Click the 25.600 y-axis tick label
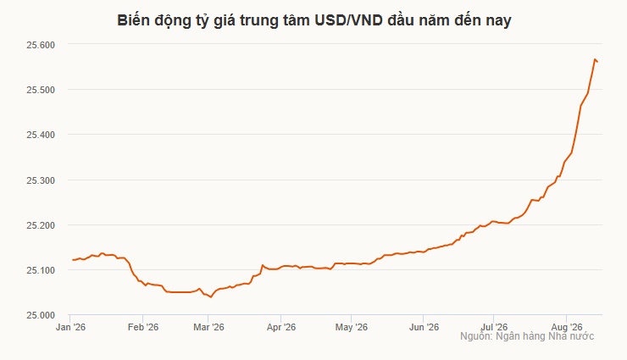pos(41,45)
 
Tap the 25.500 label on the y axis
pos(41,90)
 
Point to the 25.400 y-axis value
pos(41,135)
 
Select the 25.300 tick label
pos(41,180)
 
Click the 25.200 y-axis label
pos(41,225)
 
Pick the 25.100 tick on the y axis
pos(41,270)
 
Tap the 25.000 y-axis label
pos(41,316)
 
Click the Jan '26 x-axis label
pos(71,327)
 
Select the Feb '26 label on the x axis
pos(143,327)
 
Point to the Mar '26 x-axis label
pos(208,327)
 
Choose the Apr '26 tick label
pos(281,327)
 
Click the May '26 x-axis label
pos(352,327)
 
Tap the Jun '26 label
pos(424,327)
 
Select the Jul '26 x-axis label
pos(494,327)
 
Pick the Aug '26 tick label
pos(567,327)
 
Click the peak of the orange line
pos(595,59)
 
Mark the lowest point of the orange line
pos(211,297)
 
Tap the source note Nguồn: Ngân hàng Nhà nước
pos(527,336)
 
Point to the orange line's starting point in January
pos(72,260)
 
